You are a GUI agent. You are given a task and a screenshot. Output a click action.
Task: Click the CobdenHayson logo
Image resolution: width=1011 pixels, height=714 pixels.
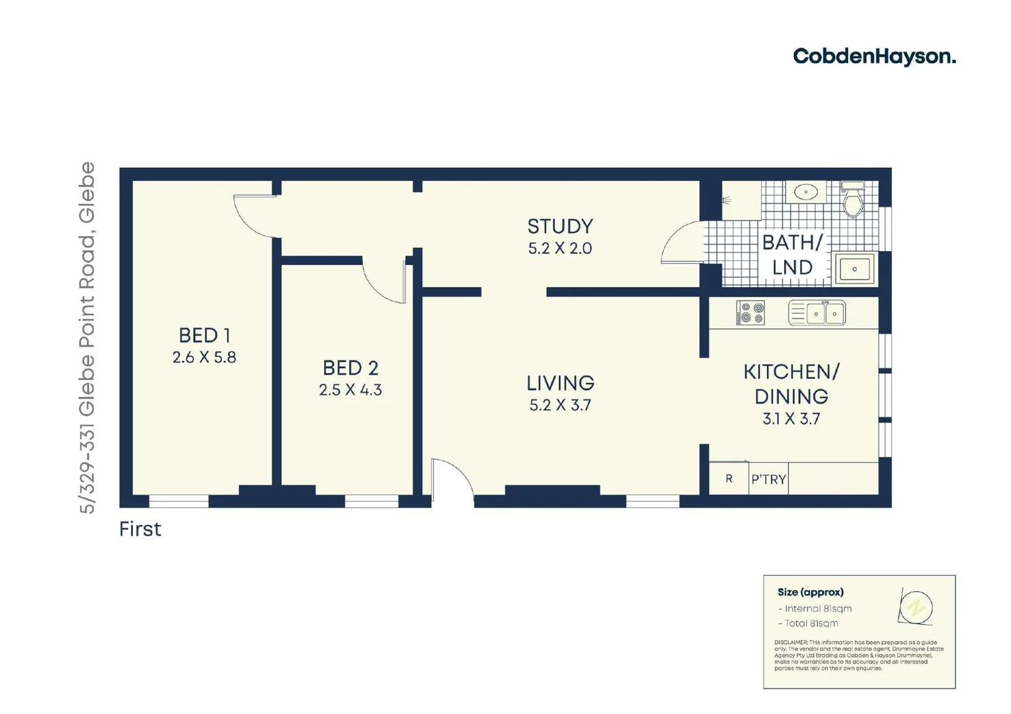coord(873,57)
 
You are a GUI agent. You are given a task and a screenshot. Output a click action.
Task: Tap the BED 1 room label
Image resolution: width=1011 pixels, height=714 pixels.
coord(204,335)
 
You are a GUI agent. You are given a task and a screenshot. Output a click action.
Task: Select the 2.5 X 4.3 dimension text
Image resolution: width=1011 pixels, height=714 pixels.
coord(350,390)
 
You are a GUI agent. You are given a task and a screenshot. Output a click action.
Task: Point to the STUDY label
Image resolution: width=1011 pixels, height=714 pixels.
coord(560,227)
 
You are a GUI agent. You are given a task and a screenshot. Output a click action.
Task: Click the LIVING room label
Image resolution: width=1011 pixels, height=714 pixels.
coord(560,383)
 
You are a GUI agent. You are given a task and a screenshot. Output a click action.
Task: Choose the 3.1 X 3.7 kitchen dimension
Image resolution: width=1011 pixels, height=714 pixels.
coord(791,418)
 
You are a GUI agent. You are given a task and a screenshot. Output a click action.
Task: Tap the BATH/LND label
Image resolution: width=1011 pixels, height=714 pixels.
coord(792,255)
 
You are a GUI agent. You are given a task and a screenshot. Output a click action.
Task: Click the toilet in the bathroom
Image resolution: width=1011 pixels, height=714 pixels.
coord(853,200)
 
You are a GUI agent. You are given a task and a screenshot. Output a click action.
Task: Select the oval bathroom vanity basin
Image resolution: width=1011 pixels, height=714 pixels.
coord(805,192)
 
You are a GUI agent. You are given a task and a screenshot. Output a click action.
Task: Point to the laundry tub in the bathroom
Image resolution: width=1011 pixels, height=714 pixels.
coord(854,269)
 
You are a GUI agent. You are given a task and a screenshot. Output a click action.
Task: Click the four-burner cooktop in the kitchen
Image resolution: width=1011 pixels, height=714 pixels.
coord(750,313)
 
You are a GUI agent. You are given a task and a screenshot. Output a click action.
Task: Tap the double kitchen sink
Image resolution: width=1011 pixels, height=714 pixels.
coord(817,313)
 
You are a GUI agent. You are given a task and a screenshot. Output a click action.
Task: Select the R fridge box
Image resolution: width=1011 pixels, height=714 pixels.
coord(729,479)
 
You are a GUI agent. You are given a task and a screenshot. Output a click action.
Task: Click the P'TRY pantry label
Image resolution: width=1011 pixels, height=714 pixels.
coord(768,479)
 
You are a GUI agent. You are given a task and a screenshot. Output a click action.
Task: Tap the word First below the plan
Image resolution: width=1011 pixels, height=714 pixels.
coord(140,529)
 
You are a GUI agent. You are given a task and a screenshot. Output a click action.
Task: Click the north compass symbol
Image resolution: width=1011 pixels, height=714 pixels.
coord(916,606)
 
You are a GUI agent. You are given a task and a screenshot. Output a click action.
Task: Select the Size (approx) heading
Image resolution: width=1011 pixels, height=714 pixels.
coord(810,592)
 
